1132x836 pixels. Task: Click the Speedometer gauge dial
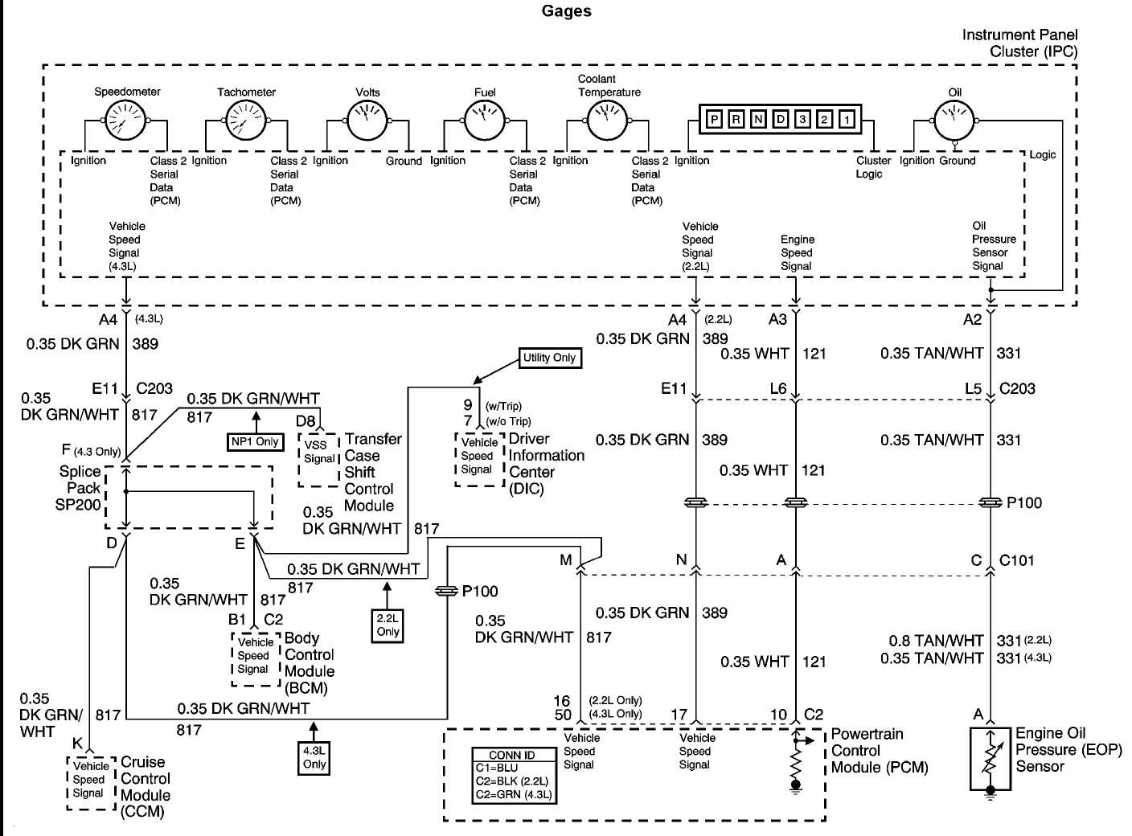pos(125,121)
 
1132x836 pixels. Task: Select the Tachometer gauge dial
pos(245,121)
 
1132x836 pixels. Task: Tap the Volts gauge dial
pos(367,121)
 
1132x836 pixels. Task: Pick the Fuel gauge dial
pos(484,121)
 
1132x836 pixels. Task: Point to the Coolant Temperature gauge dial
pos(607,121)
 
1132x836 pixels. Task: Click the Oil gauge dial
pos(954,121)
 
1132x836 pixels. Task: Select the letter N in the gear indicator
pos(758,120)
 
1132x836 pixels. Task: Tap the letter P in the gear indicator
pos(714,120)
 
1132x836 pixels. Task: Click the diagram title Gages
pos(567,11)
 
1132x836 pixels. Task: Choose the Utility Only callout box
pos(550,358)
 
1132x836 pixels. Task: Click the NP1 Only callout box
pos(255,441)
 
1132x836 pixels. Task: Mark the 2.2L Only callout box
pos(388,625)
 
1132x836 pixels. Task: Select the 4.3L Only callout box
pos(314,758)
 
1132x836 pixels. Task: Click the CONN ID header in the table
pos(512,755)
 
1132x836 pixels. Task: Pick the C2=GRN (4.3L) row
pos(514,795)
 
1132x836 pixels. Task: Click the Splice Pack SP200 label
pos(79,488)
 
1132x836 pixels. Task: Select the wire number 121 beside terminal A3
pos(814,354)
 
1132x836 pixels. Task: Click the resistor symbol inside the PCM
pos(795,764)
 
